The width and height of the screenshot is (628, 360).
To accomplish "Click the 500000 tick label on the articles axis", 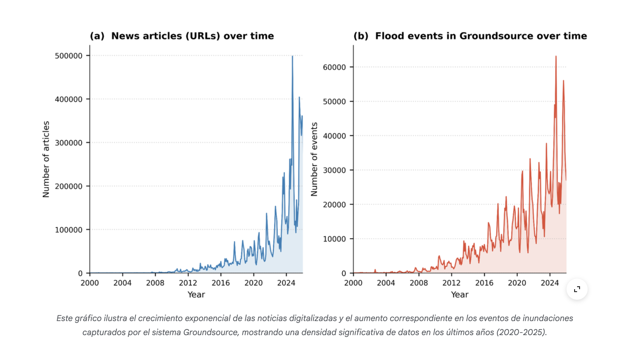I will [x=68, y=56].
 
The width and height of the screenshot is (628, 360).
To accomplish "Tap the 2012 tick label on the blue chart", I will [x=188, y=283].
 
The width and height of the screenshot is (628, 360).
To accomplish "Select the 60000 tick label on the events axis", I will [x=334, y=67].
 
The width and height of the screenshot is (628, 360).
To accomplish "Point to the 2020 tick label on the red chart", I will [x=517, y=283].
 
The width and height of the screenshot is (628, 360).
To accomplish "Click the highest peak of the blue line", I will [x=292, y=56].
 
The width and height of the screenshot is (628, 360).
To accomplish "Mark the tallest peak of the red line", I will [x=556, y=56].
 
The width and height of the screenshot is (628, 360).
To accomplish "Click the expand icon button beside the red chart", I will [x=577, y=289].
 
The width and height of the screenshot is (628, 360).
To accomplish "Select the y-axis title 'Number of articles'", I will [x=46, y=159].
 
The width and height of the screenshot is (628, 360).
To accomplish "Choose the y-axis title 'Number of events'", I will [x=314, y=159].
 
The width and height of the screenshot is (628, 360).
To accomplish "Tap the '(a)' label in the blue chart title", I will [x=97, y=36].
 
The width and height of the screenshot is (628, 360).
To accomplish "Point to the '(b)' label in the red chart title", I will [x=361, y=36].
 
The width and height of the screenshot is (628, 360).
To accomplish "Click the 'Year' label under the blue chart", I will [x=196, y=294].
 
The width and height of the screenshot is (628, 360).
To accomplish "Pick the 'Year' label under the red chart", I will [x=459, y=294].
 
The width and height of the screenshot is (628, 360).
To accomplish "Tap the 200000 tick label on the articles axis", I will [x=68, y=186].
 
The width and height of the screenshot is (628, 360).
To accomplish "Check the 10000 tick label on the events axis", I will [x=334, y=239].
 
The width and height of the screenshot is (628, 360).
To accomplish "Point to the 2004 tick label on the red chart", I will [x=386, y=283].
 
